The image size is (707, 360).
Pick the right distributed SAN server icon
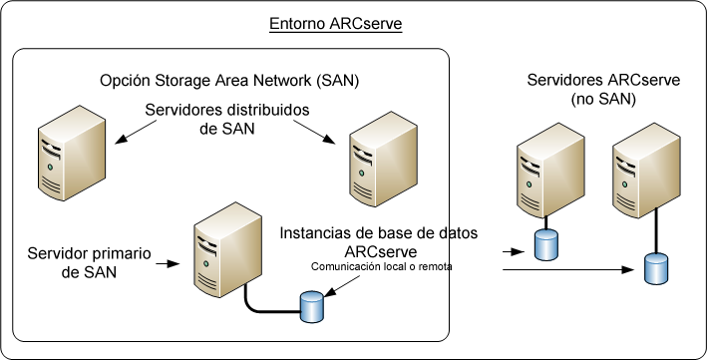pyautogui.click(x=376, y=156)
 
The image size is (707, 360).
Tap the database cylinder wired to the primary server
pyautogui.click(x=312, y=307)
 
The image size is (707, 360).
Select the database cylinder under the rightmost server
pyautogui.click(x=655, y=267)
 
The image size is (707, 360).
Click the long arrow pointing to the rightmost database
pyautogui.click(x=568, y=269)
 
